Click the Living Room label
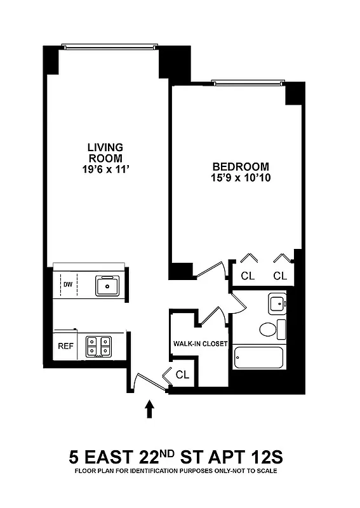tap(105, 152)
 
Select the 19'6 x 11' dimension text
tap(105, 168)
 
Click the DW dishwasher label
tap(67, 285)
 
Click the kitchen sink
tap(108, 286)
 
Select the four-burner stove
tap(98, 345)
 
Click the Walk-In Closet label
tap(200, 344)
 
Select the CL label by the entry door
tap(183, 375)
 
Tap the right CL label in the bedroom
tap(280, 276)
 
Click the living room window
tap(109, 46)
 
